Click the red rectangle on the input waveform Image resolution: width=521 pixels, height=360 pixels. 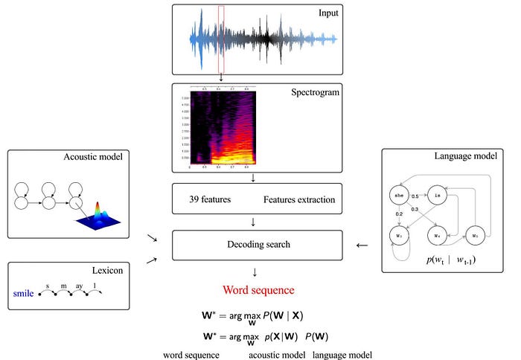[x=221, y=39]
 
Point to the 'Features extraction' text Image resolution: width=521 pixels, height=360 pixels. [x=299, y=200]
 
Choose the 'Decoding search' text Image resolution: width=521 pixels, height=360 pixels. [x=257, y=245]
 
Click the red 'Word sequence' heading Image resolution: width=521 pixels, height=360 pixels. [x=257, y=290]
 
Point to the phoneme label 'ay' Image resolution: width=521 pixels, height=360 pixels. [x=78, y=286]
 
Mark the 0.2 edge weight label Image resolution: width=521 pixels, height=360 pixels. [x=400, y=214]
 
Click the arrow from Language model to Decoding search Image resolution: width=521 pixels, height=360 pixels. [x=362, y=245]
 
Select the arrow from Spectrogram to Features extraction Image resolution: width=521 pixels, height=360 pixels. [x=255, y=177]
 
